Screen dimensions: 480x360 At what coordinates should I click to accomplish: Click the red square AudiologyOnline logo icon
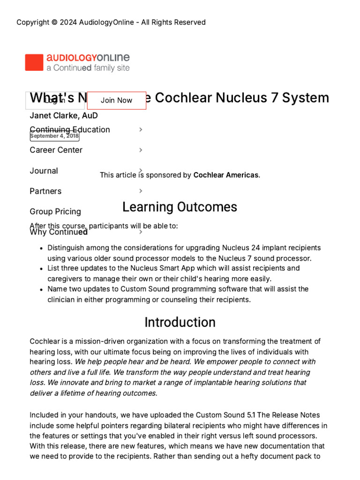34,63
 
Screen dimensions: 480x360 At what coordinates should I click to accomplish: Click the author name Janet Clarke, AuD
64,115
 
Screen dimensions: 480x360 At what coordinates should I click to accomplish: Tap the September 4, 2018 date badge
54,136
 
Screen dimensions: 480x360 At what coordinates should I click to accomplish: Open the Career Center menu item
56,150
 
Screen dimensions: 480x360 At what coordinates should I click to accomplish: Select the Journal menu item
44,171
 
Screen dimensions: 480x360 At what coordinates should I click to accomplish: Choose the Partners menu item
45,191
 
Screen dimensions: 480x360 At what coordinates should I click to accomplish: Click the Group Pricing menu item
55,211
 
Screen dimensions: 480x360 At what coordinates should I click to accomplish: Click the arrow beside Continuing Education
141,130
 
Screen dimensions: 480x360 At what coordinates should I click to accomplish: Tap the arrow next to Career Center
141,150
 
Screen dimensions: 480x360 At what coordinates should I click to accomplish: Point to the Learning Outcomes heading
180,207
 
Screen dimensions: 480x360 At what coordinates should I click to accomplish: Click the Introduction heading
180,322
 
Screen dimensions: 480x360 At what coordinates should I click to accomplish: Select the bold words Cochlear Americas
225,175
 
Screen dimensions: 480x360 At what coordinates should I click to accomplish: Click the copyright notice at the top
111,22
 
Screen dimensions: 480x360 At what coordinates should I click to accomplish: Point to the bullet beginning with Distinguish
184,253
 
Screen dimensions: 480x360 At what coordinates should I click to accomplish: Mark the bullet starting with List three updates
173,273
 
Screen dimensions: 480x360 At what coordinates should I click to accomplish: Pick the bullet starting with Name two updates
178,294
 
